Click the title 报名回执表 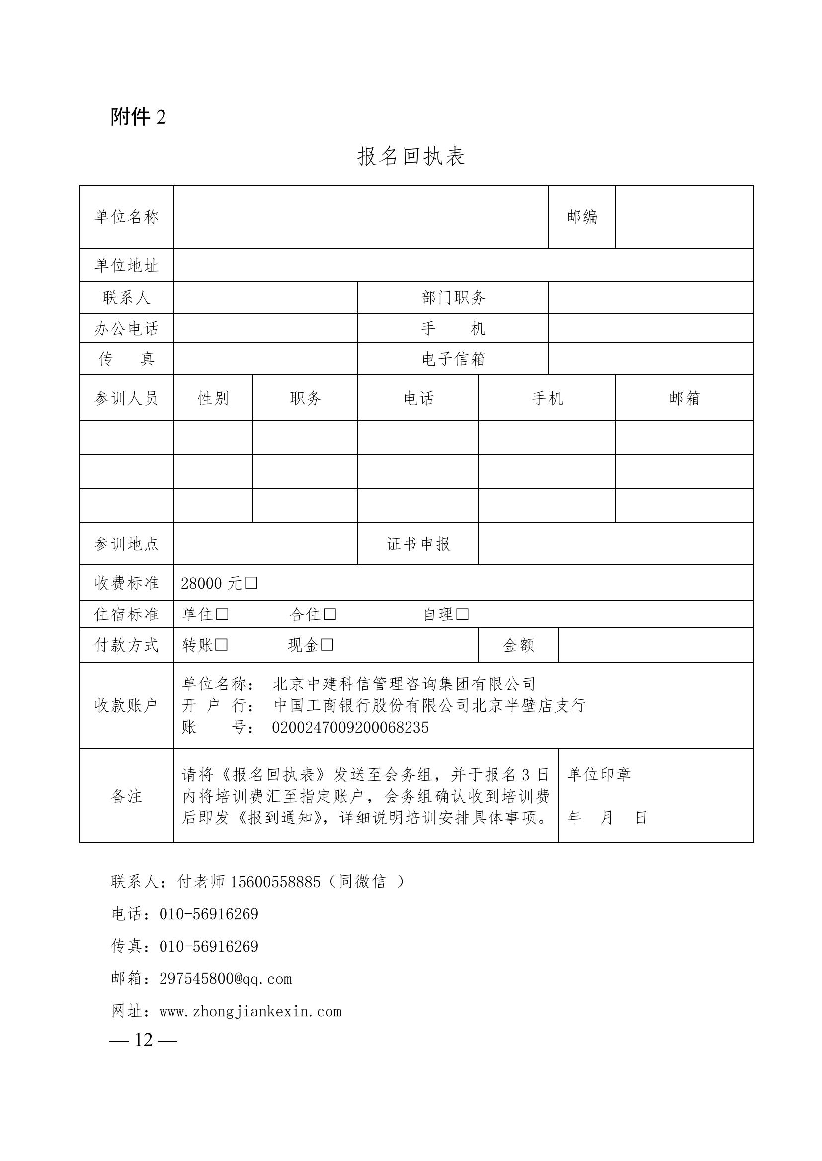click(411, 156)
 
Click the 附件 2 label click(138, 117)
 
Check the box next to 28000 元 click(251, 583)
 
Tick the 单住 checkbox click(222, 615)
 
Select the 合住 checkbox click(330, 615)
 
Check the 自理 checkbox click(462, 615)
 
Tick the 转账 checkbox click(221, 645)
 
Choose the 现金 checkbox click(327, 645)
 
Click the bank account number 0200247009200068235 click(350, 728)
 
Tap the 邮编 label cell click(581, 217)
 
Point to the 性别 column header click(213, 398)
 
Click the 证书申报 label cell click(418, 544)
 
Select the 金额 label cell click(518, 645)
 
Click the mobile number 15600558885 click(275, 882)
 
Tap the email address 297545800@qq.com click(226, 979)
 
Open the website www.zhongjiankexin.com click(250, 1011)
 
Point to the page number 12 click(144, 1040)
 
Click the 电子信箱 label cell click(453, 359)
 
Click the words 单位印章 click(599, 775)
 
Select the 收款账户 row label click(126, 705)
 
